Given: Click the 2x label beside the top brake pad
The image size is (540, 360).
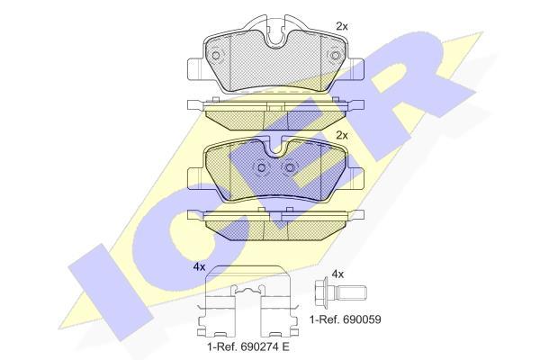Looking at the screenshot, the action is (x=342, y=26).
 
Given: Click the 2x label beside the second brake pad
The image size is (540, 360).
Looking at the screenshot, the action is (x=342, y=136).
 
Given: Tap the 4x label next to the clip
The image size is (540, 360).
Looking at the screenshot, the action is (x=199, y=267).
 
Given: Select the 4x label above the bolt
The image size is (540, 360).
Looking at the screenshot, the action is (x=337, y=274).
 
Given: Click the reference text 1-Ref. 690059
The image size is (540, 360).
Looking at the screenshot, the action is (x=346, y=319).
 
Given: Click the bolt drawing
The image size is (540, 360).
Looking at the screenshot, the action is (x=340, y=293).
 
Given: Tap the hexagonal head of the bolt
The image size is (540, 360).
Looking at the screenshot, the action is (x=323, y=293).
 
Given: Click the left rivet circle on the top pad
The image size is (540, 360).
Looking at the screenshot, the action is (x=216, y=56).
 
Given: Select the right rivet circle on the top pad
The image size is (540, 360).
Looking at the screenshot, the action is (x=335, y=56).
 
